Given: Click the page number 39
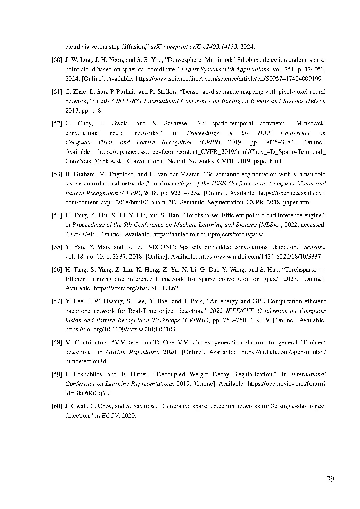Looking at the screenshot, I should coord(330,479).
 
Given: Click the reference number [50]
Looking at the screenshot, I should coord(57,60).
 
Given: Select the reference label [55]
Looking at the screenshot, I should coord(57,247).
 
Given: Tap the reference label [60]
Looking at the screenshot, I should coord(57,406).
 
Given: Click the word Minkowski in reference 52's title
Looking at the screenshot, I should coord(310,124).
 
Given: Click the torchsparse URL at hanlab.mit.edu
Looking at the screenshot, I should coord(208,234).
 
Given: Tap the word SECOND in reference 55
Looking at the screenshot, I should coord(161,247).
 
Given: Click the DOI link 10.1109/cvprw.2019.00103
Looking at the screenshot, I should coord(120,330).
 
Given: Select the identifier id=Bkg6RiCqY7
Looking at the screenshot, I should coord(87,393).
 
